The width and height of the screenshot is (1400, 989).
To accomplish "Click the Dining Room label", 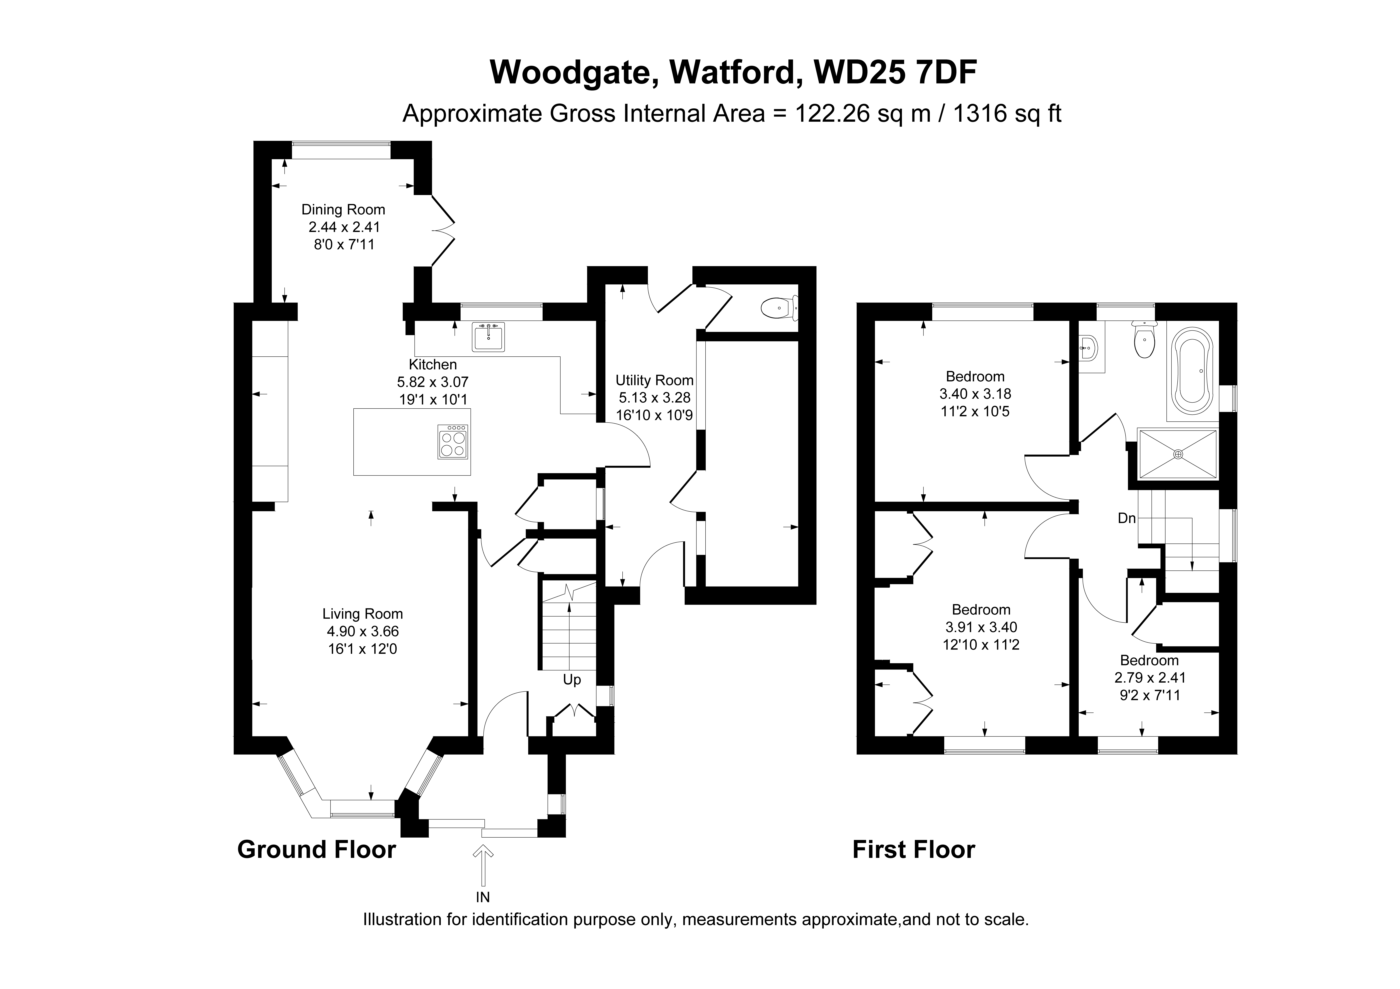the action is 343,210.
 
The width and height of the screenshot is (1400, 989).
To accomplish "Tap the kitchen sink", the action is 488,337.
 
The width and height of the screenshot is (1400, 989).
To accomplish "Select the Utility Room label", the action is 654,380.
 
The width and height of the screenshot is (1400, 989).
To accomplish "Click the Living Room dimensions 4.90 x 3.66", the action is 363,632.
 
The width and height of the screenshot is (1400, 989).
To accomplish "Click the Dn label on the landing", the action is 1127,518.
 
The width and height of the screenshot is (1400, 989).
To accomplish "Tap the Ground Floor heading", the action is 316,849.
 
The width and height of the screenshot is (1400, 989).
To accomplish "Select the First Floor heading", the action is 913,849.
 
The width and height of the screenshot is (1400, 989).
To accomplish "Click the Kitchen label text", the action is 433,365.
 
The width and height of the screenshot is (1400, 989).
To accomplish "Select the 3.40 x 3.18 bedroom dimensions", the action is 975,394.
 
